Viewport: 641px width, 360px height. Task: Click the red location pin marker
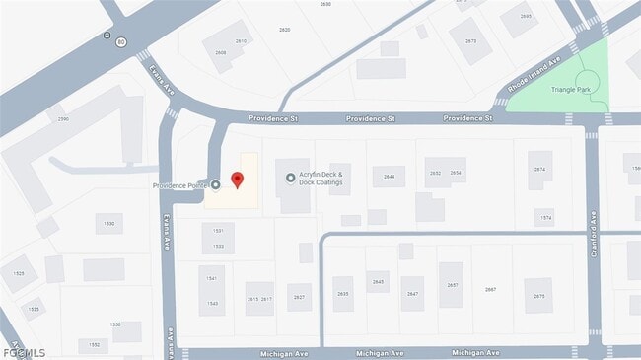pos(237,180)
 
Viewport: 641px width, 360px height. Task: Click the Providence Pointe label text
pos(180,185)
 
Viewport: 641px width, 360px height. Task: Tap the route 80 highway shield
pos(121,42)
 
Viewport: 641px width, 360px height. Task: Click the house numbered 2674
pos(539,170)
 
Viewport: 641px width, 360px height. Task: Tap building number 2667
pos(490,289)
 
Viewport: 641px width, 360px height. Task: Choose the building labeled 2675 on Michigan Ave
pos(538,295)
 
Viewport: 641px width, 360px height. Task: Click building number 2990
pos(63,119)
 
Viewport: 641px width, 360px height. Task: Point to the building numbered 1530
pos(108,224)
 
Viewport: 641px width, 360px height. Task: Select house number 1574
pos(545,217)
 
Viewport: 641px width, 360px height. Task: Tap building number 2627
pos(299,297)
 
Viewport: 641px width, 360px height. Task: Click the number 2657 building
pos(452,285)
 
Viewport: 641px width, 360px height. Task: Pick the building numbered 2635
pos(343,294)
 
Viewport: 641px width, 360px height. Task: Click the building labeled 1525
pos(18,272)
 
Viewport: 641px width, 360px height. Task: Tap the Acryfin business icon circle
pos(290,178)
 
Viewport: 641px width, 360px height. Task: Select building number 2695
pos(526,17)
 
